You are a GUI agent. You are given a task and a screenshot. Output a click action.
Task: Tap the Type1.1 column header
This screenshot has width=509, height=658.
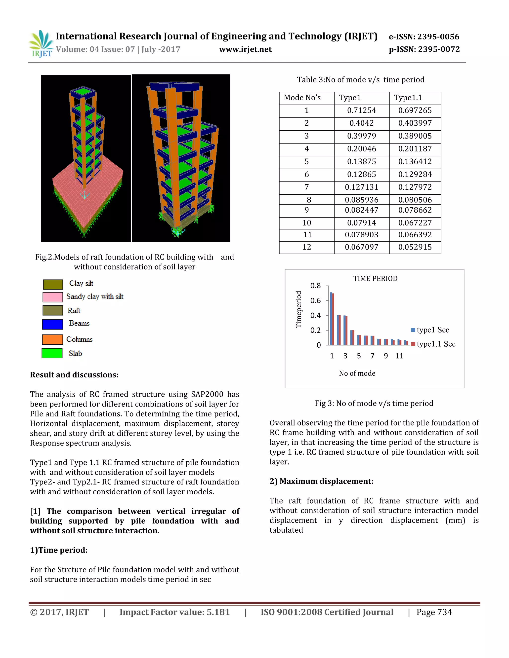click(408, 98)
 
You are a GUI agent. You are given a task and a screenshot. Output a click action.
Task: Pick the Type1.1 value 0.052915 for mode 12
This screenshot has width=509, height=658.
click(415, 247)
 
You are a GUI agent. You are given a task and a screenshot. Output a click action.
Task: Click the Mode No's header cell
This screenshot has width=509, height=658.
click(302, 98)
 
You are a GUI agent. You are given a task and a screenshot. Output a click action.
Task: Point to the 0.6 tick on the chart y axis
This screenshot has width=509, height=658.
click(315, 300)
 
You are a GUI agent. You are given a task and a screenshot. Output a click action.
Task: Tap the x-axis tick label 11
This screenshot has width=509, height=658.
click(399, 356)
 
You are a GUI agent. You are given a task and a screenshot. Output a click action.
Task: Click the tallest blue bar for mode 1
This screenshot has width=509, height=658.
click(331, 319)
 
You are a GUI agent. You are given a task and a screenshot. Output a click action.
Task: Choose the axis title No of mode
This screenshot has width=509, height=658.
click(357, 373)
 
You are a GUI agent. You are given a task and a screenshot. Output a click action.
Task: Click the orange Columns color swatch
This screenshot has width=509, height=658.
click(52, 339)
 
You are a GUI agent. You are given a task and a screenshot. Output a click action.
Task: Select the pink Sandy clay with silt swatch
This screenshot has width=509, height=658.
click(52, 297)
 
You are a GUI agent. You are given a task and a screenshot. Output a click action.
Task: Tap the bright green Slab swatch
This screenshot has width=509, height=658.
click(52, 353)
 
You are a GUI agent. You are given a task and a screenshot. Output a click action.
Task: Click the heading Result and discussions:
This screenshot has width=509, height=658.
click(74, 375)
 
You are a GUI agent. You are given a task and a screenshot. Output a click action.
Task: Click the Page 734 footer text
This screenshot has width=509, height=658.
click(434, 612)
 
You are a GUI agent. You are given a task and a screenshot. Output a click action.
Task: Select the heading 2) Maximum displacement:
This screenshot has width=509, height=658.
click(321, 481)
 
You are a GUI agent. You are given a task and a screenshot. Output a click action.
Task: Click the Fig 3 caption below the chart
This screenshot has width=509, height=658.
click(374, 403)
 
